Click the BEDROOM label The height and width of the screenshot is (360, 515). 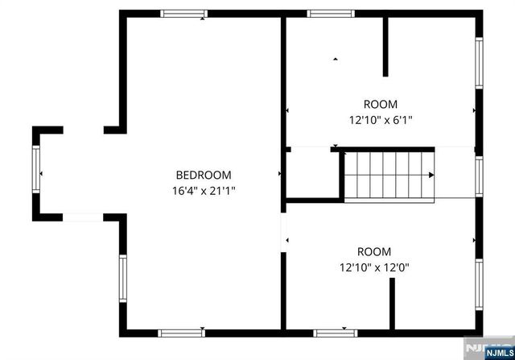point(204,175)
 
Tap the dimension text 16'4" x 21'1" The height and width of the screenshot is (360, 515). point(204,191)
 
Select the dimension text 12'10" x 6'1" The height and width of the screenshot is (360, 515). point(380,120)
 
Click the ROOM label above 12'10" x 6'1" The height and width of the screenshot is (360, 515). point(380,104)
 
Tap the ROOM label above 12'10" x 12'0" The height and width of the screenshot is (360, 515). point(374,251)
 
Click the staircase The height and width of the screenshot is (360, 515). point(389,174)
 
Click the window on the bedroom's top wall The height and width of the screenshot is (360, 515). point(183,14)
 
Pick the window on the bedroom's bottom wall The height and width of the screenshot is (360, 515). point(181,332)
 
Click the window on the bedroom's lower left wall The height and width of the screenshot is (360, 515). point(123,278)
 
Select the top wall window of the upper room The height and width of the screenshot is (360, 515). point(331,14)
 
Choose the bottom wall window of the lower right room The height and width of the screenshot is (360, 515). point(336,332)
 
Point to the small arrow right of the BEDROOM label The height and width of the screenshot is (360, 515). point(279,174)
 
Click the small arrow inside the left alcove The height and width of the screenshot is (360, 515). point(42,174)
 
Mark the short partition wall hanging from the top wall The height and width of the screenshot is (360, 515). point(385,46)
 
